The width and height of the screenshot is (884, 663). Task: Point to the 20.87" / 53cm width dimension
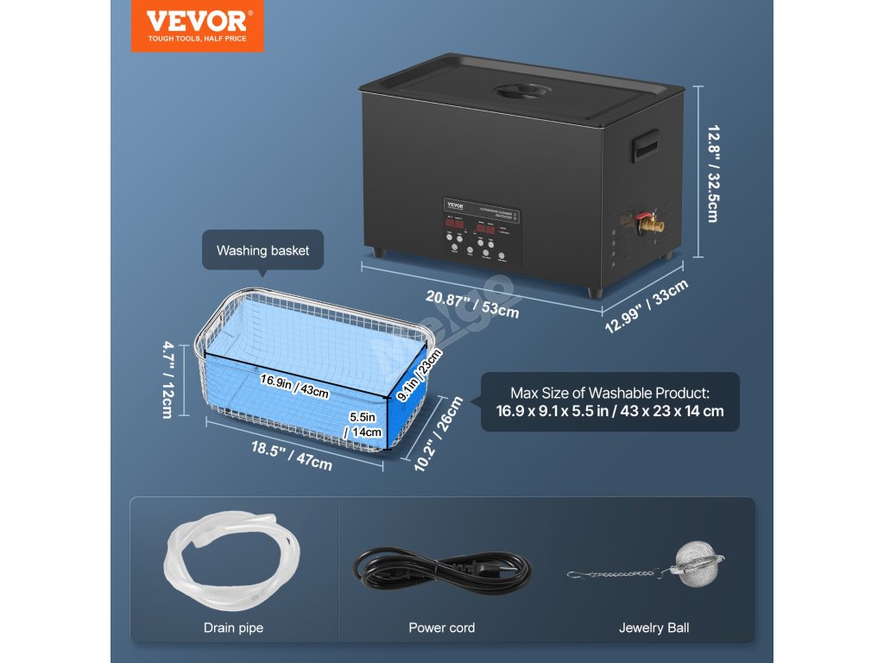[x=472, y=303]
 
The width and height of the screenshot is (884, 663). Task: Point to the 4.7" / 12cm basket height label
[x=169, y=381]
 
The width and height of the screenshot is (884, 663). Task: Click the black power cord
[x=441, y=570]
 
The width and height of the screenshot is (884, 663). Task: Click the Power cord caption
[x=441, y=628]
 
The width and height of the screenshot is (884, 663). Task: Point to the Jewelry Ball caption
[x=654, y=628]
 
